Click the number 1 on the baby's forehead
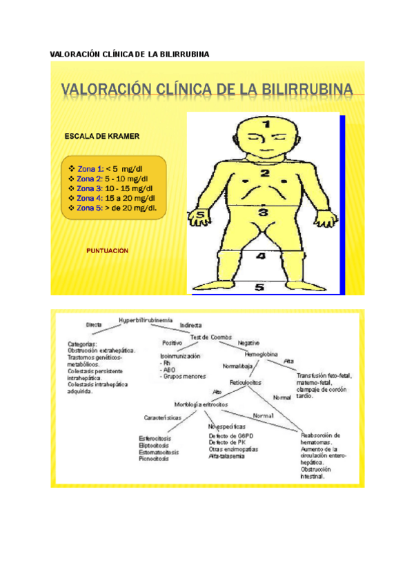point(266,124)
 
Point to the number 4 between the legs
point(259,257)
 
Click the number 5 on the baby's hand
point(201,215)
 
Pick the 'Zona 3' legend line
point(111,188)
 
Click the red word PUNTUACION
point(107,251)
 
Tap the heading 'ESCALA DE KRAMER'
point(101,137)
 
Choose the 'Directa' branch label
point(94,324)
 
